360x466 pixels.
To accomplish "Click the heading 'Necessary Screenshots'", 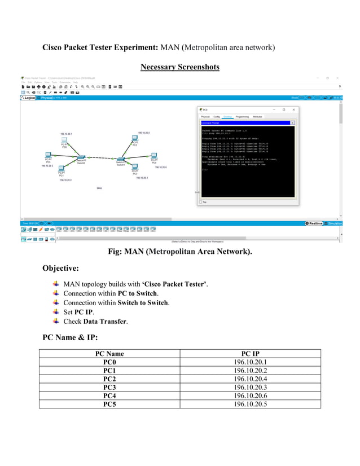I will [180, 67].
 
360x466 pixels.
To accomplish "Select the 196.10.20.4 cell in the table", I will [250, 379].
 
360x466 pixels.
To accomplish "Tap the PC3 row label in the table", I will [109, 388].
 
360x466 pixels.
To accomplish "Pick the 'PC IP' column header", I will [250, 354].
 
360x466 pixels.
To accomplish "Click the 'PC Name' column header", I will [109, 354].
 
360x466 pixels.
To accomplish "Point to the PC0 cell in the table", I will [109, 362].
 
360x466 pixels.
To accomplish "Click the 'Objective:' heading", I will [60, 267].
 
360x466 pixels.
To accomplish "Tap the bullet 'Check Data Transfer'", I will [95, 321].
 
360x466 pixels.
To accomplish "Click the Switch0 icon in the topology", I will [81, 156].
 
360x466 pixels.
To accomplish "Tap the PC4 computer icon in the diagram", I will [153, 156].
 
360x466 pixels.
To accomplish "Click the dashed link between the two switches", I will [101, 157].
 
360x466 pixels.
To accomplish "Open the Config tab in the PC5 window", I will [216, 116].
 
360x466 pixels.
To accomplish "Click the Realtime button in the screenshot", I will [315, 223].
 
